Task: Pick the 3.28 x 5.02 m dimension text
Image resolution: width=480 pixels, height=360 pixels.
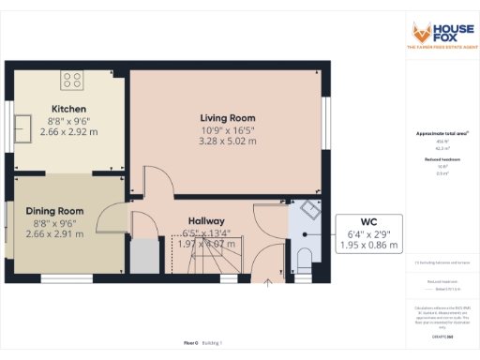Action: tap(227, 142)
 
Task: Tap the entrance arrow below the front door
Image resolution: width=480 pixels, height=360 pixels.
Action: tap(269, 279)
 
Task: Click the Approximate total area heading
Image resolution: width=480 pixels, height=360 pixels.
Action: tap(442, 134)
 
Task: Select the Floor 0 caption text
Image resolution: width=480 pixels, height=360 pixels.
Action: tap(190, 343)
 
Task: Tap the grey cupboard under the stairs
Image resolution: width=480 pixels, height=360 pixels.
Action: tap(145, 254)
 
